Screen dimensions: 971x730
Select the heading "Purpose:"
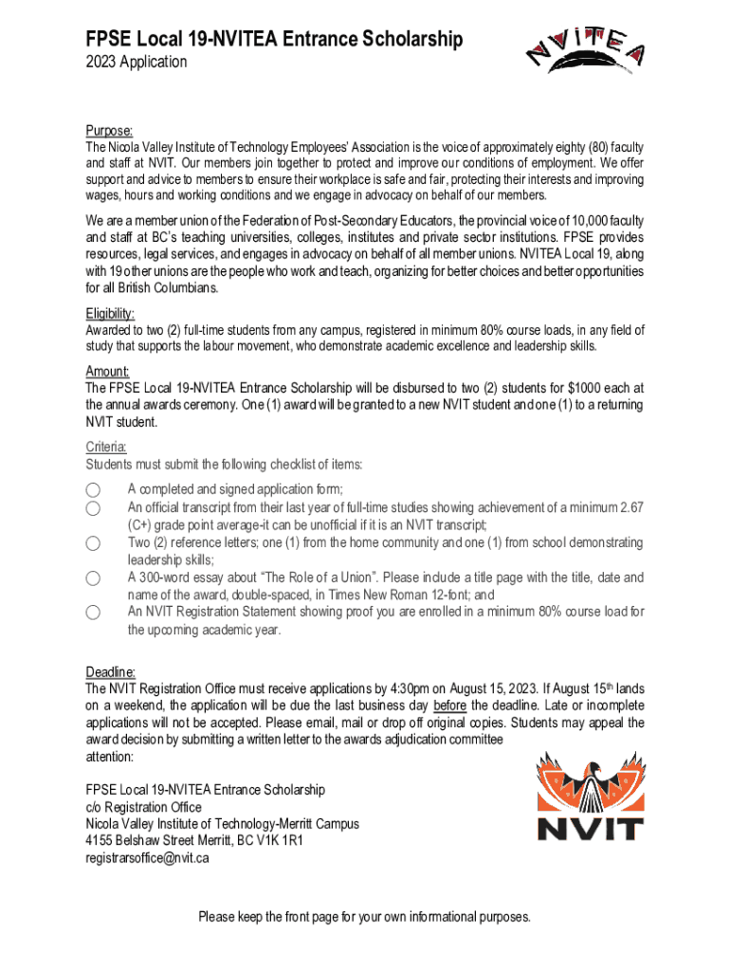109,131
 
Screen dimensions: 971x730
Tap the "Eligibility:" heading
110,313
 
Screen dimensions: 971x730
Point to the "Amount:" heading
107,372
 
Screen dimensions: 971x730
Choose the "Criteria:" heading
106,447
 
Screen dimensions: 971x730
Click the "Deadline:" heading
111,671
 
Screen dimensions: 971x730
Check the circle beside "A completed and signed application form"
93,490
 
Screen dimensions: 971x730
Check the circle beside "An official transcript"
93,508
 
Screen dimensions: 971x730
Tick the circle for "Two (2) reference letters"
93,543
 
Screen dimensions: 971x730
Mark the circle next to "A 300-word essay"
93,578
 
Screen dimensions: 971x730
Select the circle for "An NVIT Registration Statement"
93,613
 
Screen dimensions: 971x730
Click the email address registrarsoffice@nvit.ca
147,858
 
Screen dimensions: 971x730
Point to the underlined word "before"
450,705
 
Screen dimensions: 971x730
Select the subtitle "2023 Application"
137,63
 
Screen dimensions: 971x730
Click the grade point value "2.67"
631,507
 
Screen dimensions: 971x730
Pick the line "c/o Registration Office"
143,807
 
